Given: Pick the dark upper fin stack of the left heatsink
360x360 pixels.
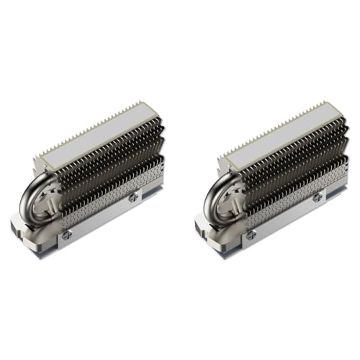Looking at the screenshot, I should pos(108,155).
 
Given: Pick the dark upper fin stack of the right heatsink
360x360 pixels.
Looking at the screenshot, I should pos(289,155).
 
